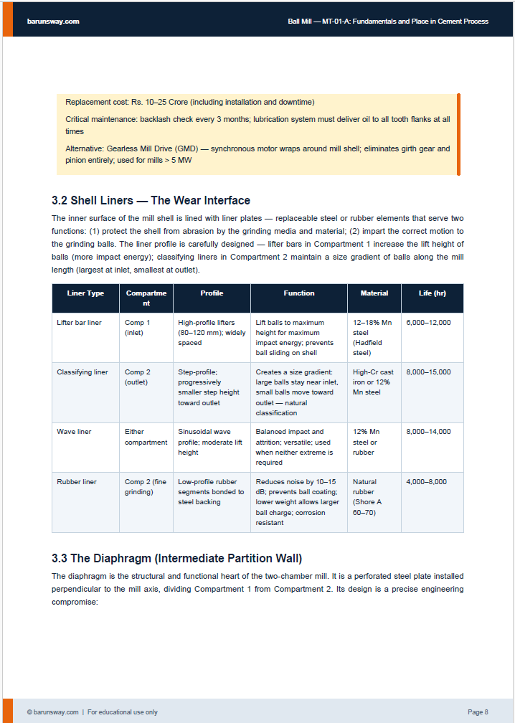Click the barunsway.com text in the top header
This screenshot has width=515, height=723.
click(x=53, y=22)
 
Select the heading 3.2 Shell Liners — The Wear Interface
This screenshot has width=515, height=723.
click(x=151, y=200)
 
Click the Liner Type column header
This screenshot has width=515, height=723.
click(x=85, y=293)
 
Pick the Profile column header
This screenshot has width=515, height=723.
click(x=212, y=293)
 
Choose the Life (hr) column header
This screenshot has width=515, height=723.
click(x=433, y=293)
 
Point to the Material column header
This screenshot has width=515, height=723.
click(x=374, y=293)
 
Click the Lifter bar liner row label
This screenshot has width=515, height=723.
click(x=79, y=323)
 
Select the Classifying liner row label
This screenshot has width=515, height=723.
click(x=82, y=372)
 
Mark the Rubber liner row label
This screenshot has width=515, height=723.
click(x=76, y=482)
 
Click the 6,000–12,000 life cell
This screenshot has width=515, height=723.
click(x=428, y=323)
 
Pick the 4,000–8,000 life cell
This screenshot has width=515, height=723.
click(x=426, y=482)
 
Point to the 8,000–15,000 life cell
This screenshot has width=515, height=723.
click(x=428, y=372)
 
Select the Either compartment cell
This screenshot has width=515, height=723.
click(x=146, y=437)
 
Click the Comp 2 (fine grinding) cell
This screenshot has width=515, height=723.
click(x=146, y=487)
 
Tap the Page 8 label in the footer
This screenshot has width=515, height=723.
click(x=478, y=712)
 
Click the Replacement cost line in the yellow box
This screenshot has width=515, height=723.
click(x=189, y=103)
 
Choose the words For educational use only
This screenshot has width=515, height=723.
click(x=123, y=712)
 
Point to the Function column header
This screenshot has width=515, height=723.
click(x=298, y=293)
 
